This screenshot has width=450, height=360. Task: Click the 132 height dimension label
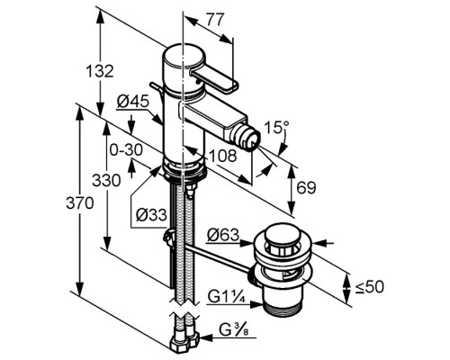point(100,72)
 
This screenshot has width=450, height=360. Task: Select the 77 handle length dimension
point(214,20)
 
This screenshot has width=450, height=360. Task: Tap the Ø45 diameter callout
point(133,102)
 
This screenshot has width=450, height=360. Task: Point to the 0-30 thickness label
point(126,149)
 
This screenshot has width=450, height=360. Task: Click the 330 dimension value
point(106,181)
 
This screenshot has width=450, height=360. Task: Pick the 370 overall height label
point(80,203)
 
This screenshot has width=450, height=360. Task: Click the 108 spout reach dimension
point(223,156)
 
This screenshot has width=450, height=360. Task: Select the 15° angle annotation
point(277,127)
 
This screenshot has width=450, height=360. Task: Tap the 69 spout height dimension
point(306,188)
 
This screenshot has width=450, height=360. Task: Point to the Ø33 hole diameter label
point(151,215)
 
